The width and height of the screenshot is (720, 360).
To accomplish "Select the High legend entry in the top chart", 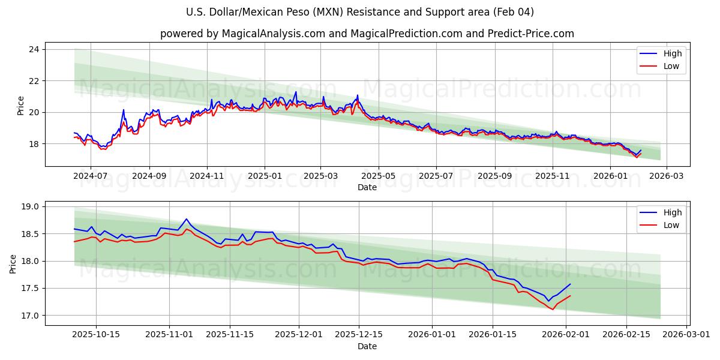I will point(671,53).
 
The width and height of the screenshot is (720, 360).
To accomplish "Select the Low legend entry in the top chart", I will point(670,66).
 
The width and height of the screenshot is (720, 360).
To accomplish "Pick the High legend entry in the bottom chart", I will point(671,212).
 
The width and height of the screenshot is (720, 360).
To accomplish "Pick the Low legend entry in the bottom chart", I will point(670,225).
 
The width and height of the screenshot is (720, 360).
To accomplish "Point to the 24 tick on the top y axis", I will point(34,49).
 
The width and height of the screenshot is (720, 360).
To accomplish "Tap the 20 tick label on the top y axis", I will point(34,112).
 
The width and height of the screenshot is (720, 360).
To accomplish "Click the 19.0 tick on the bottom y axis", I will point(29,206).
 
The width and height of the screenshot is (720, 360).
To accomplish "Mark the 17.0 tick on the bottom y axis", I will point(29,316).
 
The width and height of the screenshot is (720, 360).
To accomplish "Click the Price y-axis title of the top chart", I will point(21,106).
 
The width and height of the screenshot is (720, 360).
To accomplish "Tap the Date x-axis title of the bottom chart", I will point(367,346).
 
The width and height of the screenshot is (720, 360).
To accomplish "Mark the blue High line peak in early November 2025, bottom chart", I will point(186,219).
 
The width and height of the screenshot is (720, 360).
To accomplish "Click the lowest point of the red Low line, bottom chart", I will point(553,309).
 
